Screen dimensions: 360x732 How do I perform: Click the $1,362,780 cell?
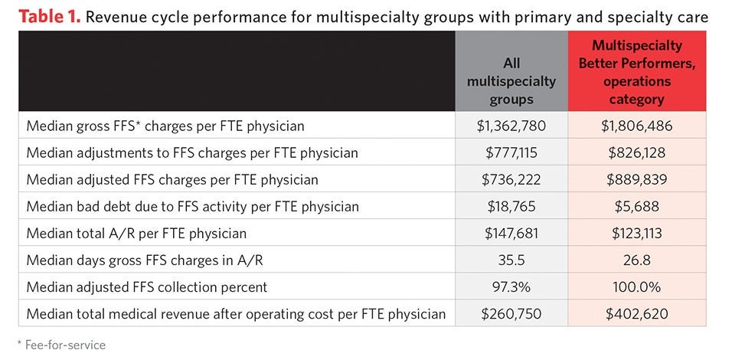point(511,126)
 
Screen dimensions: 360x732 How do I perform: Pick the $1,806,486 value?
point(636,126)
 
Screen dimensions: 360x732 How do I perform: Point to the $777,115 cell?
point(511,152)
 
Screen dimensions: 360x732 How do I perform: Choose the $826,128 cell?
point(636,152)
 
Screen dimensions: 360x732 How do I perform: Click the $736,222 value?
point(511,179)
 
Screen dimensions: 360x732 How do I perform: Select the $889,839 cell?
point(636,179)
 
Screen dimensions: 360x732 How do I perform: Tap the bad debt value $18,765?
point(511,206)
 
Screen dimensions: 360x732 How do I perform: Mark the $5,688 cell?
point(636,206)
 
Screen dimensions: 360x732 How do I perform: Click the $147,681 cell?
point(511,233)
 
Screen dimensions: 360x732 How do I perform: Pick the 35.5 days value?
point(511,260)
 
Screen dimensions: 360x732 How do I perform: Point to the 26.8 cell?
point(636,260)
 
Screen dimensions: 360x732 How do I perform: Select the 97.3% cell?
point(511,286)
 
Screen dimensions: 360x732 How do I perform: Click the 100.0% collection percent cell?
point(636,286)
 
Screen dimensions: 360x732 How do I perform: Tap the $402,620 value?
point(636,313)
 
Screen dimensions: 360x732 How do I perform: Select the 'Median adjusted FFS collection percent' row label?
point(147,286)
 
